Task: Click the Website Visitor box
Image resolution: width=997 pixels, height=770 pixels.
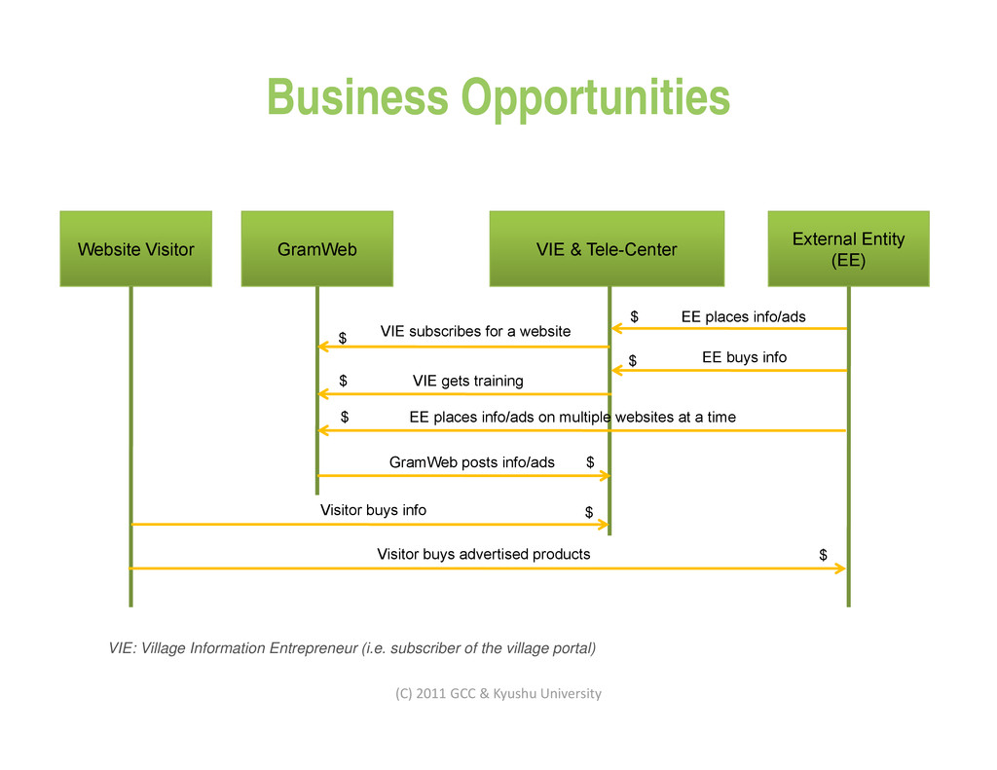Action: pos(135,249)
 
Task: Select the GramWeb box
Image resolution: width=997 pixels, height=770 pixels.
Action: pos(316,249)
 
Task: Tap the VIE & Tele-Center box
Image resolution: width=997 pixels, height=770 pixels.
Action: pos(607,249)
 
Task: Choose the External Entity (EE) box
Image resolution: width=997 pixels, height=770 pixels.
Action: pos(848,249)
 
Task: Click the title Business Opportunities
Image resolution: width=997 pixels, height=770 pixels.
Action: pos(498,97)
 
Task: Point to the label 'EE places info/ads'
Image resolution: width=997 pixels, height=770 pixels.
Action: pos(743,316)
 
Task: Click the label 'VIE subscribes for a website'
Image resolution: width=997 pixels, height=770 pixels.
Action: pos(475,331)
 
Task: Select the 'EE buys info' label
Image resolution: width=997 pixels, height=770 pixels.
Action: pos(744,357)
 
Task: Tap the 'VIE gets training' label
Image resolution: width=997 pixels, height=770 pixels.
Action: pos(467,381)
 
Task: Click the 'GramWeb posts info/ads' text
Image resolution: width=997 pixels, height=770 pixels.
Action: pos(471,462)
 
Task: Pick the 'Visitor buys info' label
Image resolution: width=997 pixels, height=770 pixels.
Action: pos(373,510)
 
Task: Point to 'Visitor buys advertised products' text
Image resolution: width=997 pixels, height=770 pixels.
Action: pos(483,554)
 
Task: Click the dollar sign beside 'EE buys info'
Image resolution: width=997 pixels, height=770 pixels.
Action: pos(632,361)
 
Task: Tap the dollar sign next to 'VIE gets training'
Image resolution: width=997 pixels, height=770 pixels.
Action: pos(343,381)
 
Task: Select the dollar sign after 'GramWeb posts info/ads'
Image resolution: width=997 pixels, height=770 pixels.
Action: pos(590,462)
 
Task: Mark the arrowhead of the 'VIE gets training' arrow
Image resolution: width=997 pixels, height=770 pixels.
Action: pos(323,394)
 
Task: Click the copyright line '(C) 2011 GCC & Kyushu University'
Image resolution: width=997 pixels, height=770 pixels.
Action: pos(498,693)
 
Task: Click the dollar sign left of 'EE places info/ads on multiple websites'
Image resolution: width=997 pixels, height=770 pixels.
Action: pos(345,417)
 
